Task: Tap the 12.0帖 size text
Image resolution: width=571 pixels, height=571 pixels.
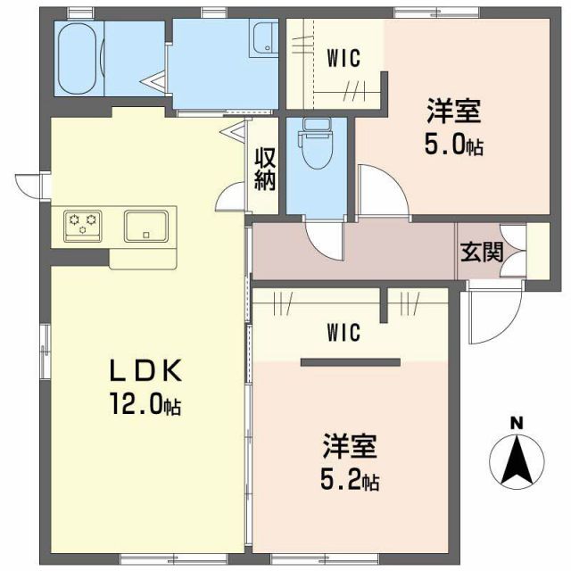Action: point(147,406)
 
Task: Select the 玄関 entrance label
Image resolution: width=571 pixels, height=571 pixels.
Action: point(482,251)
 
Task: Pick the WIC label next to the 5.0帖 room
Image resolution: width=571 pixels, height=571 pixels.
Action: point(343,59)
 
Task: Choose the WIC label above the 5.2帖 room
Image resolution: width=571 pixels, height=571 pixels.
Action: point(343,333)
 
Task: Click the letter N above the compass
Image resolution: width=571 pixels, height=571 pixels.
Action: point(515,422)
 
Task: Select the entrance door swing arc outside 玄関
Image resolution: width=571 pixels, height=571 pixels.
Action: point(492,318)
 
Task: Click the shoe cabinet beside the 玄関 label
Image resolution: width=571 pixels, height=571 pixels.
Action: point(537,251)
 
